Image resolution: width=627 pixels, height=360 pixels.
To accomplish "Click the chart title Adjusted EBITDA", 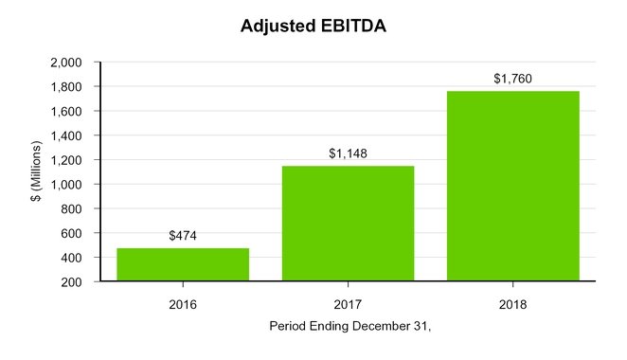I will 313,27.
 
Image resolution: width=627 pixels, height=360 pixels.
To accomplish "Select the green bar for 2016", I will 183,264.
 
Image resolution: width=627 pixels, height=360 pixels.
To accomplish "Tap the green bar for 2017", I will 348,224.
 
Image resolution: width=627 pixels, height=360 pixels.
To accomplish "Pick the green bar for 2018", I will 512,186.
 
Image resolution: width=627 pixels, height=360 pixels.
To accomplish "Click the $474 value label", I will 183,236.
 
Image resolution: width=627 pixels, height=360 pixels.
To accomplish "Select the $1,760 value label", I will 512,79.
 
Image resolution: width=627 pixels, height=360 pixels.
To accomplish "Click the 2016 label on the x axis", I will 183,305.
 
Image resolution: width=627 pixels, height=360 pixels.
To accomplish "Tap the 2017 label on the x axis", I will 348,305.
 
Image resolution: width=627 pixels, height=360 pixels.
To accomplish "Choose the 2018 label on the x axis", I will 512,305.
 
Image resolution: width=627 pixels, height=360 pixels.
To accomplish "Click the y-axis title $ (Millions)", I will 35,171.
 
